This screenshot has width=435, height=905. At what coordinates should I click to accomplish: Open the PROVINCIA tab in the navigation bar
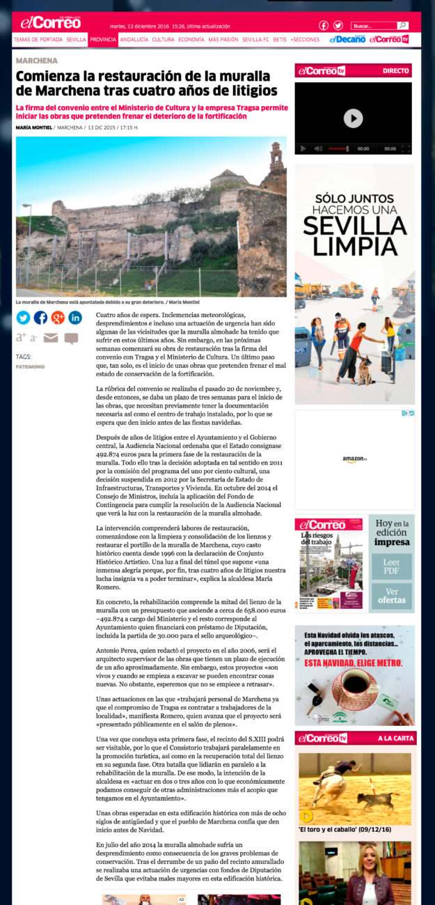pos(103,40)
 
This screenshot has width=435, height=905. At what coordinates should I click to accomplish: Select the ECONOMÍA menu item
pos(191,40)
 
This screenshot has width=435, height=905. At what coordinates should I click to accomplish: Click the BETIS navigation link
pos(280,40)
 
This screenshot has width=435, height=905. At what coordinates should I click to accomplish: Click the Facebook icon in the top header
pos(324,26)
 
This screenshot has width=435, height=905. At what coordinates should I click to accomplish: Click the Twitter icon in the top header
pos(338,26)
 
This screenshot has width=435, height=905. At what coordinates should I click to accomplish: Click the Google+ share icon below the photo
pos(58,318)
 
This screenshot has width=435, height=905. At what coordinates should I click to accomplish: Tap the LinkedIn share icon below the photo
pos(75,318)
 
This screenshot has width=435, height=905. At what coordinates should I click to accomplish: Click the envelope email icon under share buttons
pos(51,338)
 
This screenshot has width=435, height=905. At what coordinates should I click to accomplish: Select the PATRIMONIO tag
pos(31,366)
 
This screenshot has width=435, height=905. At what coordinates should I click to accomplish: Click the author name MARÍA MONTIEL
pos(33,127)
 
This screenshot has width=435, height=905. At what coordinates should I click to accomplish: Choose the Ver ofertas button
pos(391,596)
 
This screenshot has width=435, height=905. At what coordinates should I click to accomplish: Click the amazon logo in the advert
pos(354,460)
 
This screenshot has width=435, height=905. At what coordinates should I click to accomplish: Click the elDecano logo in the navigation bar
pos(347,40)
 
